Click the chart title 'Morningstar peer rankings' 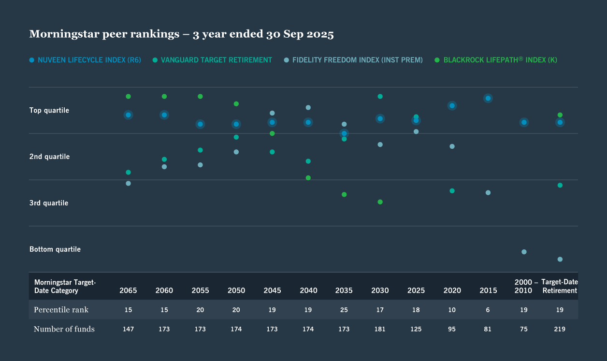coord(181,34)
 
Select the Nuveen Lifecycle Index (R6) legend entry coord(85,60)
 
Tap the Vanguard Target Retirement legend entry coord(212,60)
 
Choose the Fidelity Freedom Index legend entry coord(353,60)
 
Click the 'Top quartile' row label coord(49,111)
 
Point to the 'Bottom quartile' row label coord(55,249)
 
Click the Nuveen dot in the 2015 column coord(488,99)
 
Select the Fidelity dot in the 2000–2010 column coord(524,252)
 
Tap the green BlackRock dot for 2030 coord(380,202)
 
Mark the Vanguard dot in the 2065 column coord(128,173)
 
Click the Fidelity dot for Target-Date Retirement coord(560,260)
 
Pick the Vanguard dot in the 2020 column coord(452,191)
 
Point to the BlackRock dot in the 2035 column coord(344,195)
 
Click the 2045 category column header coord(272,290)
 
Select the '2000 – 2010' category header coord(524,286)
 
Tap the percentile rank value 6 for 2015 coord(488,310)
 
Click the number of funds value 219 coord(560,329)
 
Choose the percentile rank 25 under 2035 coord(344,310)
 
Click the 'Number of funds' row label coord(64,329)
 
